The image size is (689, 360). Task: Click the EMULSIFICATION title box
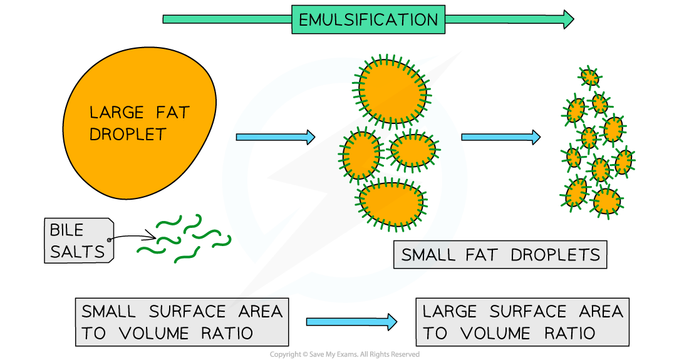368,19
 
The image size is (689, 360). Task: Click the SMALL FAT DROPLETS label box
500,255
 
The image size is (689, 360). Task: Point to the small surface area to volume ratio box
182,322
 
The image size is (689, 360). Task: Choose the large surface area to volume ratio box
522,322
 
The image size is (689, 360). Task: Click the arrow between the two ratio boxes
351,322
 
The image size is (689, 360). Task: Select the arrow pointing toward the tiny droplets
500,137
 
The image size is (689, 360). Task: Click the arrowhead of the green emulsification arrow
567,19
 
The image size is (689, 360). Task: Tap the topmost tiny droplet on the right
589,77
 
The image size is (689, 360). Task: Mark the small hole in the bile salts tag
110,240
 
